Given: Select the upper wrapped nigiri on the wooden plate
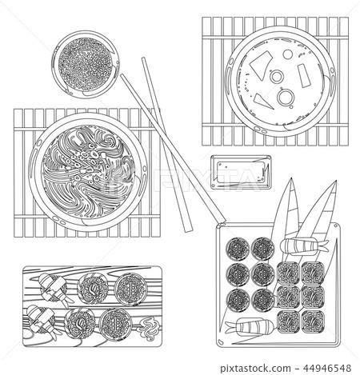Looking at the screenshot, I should [50, 285].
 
